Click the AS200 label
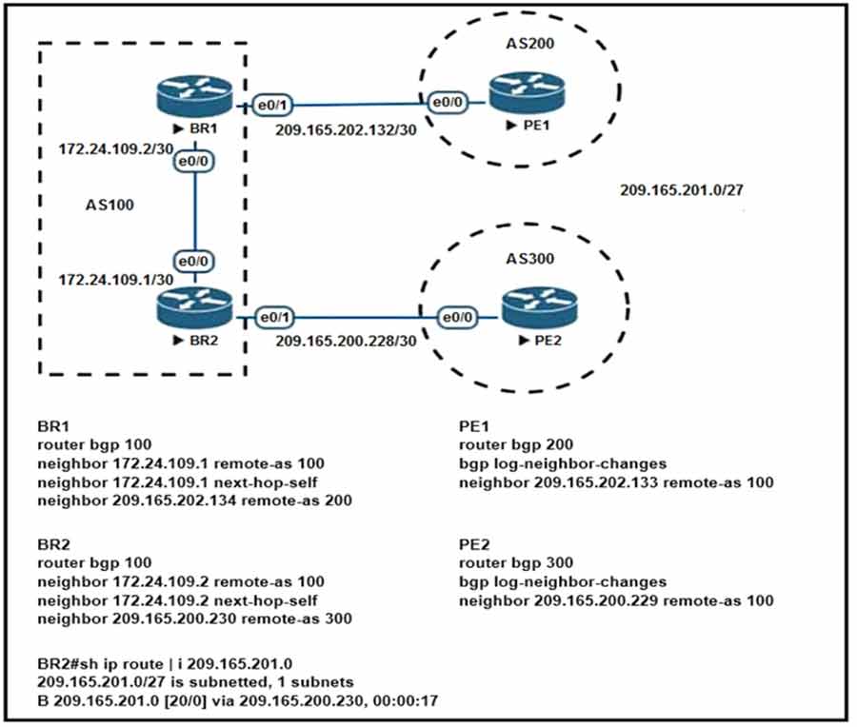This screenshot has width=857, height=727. (x=528, y=45)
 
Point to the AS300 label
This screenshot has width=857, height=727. (x=528, y=258)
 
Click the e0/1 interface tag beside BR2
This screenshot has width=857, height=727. (x=269, y=316)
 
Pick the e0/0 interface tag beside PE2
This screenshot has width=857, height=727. (x=459, y=316)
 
